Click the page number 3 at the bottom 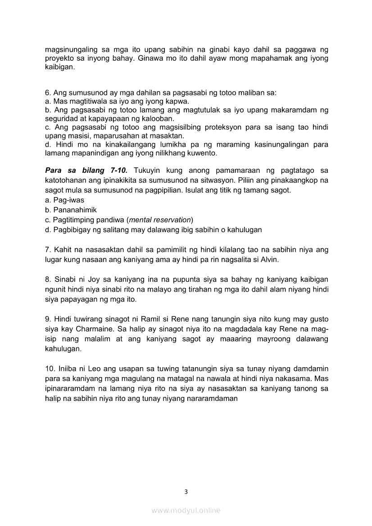(x=186, y=492)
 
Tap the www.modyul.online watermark (x=186, y=510)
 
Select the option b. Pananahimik (x=71, y=210)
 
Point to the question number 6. (x=47, y=93)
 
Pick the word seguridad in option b (x=60, y=118)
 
